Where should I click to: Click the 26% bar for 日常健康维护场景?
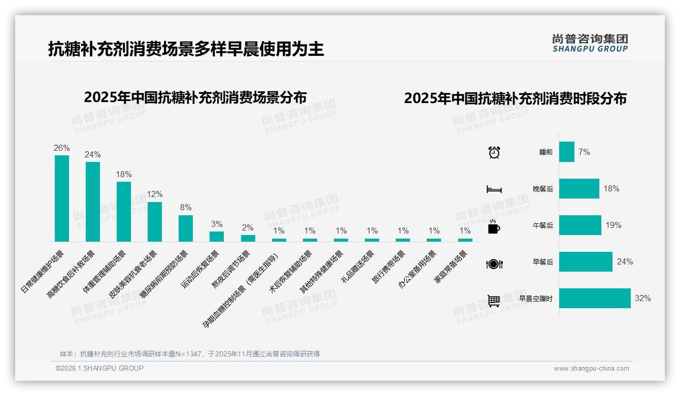point(62,199)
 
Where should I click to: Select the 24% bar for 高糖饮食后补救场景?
point(93,202)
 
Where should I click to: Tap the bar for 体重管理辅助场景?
point(124,212)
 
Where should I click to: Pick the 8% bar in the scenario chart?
point(186,228)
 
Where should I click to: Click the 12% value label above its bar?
point(155,194)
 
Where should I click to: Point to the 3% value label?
point(217,224)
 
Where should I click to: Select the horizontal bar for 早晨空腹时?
point(595,299)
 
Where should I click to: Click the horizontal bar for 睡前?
point(567,152)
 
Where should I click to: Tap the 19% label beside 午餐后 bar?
point(613,225)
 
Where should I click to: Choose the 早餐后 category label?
point(542,262)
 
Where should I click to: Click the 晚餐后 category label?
point(542,189)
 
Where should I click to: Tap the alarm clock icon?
point(494,152)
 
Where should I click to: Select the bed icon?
point(494,189)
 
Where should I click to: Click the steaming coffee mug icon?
point(494,226)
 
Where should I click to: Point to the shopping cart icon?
point(494,301)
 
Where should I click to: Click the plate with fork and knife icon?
point(494,263)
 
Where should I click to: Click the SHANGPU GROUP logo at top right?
point(590,43)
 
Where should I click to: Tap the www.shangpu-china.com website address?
point(591,369)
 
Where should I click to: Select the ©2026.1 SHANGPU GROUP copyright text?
point(99,368)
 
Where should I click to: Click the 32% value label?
point(642,299)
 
